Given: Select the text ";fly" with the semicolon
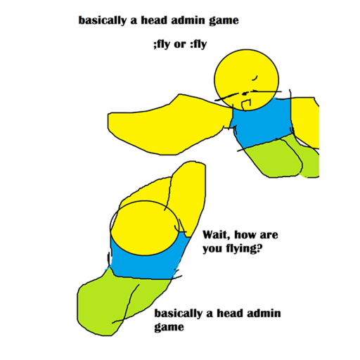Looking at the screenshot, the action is pyautogui.click(x=162, y=44).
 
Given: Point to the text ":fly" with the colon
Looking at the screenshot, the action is pyautogui.click(x=198, y=44).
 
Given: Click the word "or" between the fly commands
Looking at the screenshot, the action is pyautogui.click(x=180, y=45).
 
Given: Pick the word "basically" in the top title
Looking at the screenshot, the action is pyautogui.click(x=102, y=20).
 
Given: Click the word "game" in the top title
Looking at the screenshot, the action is pyautogui.click(x=224, y=21).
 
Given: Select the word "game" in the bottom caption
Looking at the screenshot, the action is pyautogui.click(x=169, y=328).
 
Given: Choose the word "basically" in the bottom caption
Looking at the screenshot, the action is pyautogui.click(x=178, y=314).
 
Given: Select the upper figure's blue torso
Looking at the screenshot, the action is pyautogui.click(x=262, y=122).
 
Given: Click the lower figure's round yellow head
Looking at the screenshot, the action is pyautogui.click(x=145, y=228).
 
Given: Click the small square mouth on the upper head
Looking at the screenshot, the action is pyautogui.click(x=246, y=104).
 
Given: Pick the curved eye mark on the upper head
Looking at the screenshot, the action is pyautogui.click(x=255, y=78).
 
